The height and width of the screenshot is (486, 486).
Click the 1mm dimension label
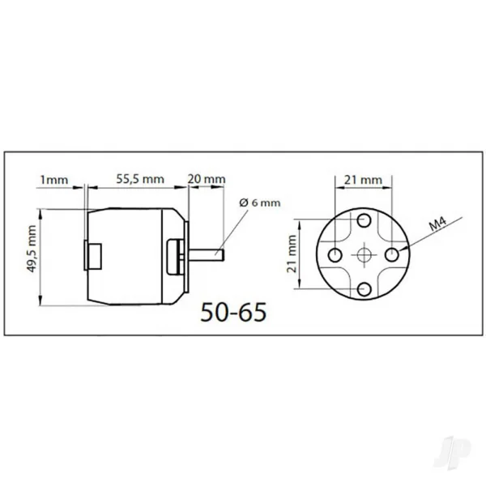[54, 180]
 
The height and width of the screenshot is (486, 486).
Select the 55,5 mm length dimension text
[140, 179]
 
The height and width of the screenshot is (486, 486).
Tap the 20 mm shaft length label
[207, 179]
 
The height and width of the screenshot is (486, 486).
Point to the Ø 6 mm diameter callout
[260, 202]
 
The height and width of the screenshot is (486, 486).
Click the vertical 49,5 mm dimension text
[32, 249]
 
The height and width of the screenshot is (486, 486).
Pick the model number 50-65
[233, 312]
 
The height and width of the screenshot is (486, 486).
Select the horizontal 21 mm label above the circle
[363, 180]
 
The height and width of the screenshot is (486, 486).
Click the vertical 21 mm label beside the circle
[292, 254]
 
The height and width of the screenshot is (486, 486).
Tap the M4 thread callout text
[437, 224]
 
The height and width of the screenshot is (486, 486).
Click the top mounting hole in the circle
[364, 220]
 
